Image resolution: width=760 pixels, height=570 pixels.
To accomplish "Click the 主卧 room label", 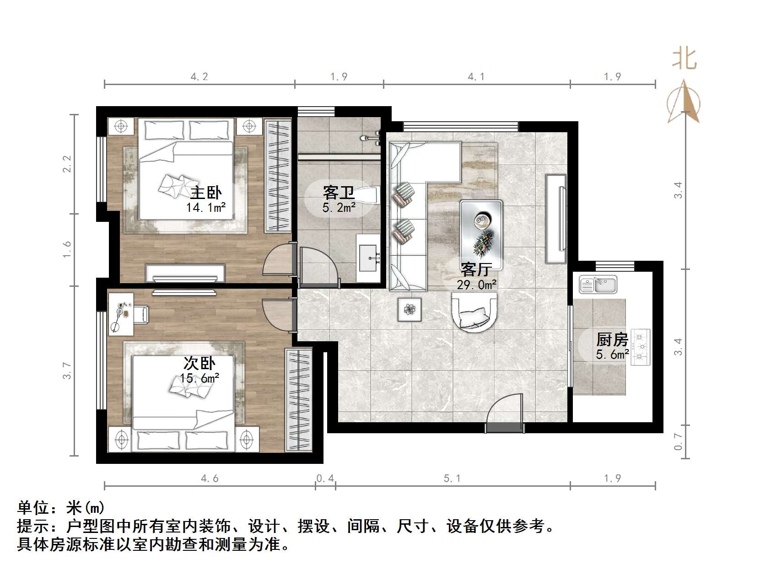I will pos(205,193).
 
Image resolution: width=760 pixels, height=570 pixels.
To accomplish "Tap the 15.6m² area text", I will pos(199,378).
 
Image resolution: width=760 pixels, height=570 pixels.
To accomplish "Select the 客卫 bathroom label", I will pos(339,193).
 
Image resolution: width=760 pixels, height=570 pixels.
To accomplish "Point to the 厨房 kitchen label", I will pos(612,340).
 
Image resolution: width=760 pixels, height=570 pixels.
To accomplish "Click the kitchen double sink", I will pos(598,284).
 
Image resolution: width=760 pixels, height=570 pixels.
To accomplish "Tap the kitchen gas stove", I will pos(641,347).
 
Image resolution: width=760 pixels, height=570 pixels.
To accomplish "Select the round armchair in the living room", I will pos(474,311).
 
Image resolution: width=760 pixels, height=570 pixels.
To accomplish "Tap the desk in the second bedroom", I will pos(120,314).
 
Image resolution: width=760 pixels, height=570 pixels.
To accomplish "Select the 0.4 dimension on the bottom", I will pos(325,479).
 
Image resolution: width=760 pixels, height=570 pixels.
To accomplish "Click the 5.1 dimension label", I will pos(452,479).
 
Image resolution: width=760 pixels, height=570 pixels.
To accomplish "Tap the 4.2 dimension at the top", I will pos(199,76).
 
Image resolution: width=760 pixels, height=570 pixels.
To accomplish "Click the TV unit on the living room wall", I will pos(556,219).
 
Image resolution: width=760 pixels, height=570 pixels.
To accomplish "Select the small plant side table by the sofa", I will pos(410,310).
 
